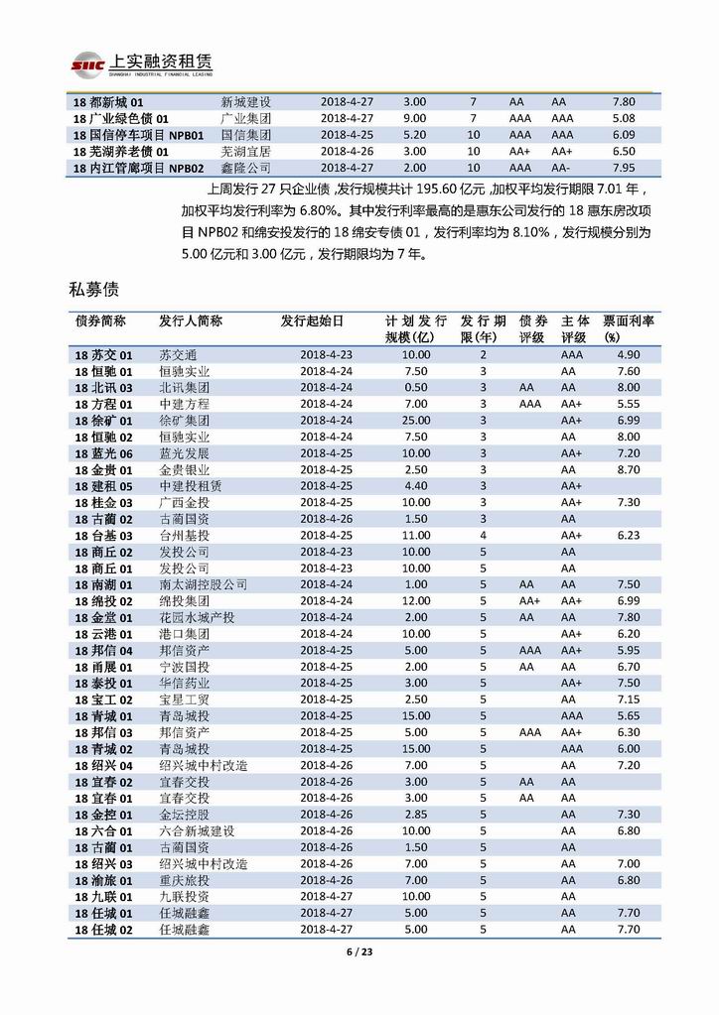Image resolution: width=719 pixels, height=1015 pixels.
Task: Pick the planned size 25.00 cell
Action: (x=415, y=421)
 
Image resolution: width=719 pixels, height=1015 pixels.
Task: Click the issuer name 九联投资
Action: (x=184, y=897)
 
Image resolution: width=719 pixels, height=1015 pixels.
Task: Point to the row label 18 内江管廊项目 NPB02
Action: (x=138, y=168)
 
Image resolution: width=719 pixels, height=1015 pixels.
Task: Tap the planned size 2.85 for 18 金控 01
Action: (x=415, y=815)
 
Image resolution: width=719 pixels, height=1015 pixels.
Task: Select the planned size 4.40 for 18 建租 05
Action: (x=415, y=486)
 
